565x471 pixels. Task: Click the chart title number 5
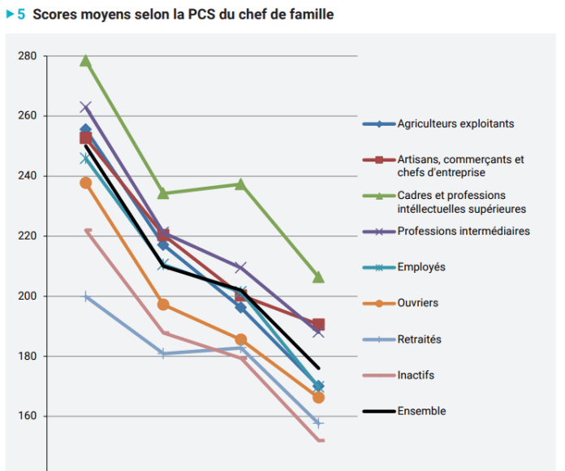(x=21, y=15)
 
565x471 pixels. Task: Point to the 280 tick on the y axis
(x=27, y=56)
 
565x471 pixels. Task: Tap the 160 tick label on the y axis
(x=27, y=417)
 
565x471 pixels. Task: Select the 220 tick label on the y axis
(x=27, y=236)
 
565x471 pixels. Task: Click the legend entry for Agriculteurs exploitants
(x=455, y=124)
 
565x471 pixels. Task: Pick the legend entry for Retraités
(x=419, y=339)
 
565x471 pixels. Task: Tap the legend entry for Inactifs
(x=416, y=375)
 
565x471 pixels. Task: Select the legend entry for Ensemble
(x=421, y=411)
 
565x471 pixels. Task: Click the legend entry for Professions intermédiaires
(x=463, y=231)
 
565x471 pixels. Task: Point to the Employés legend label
(x=421, y=267)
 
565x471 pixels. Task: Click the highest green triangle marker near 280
(x=85, y=61)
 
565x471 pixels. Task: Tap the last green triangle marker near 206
(x=318, y=278)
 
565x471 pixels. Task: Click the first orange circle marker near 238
(x=85, y=183)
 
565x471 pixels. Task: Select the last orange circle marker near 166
(x=318, y=397)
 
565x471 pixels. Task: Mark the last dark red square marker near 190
(x=318, y=325)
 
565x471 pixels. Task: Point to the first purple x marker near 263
(x=85, y=107)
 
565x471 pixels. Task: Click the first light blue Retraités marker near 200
(x=85, y=297)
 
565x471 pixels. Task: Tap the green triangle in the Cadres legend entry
(x=378, y=195)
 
